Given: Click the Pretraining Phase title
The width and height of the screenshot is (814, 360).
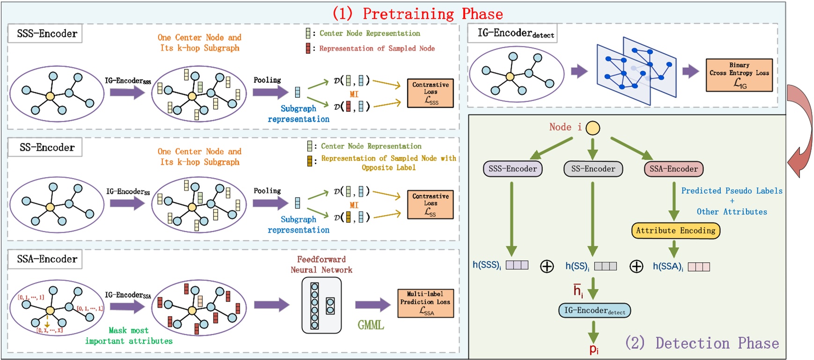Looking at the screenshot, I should click(x=418, y=13).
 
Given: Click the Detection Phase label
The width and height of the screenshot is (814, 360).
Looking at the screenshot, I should click(x=702, y=343).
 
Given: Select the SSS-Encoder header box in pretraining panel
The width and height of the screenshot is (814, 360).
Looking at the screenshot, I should click(x=45, y=34).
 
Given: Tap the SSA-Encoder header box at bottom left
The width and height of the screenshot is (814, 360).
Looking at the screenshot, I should click(x=45, y=259).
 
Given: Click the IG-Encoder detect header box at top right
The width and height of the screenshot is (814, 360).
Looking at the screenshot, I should click(x=513, y=34).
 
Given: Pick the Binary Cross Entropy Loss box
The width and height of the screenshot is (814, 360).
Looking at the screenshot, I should click(x=739, y=75).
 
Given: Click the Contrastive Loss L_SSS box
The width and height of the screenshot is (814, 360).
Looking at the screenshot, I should click(x=430, y=93).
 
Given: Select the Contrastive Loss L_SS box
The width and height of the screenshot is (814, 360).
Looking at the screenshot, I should click(x=430, y=204).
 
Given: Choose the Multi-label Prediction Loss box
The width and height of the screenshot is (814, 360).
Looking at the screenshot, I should click(x=425, y=303).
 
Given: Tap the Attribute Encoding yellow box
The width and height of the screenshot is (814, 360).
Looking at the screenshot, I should click(x=675, y=230).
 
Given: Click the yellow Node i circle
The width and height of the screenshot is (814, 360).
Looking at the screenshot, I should click(x=593, y=128).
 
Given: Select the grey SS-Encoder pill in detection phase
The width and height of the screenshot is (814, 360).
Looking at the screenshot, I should click(x=593, y=169).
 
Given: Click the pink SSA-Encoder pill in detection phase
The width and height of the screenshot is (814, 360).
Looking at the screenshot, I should click(x=674, y=169).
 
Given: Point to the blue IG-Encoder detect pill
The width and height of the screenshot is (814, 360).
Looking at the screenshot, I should click(x=594, y=310).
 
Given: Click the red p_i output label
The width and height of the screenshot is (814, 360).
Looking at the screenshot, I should click(x=594, y=349).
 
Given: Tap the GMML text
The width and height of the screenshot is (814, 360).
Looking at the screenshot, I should click(x=371, y=325).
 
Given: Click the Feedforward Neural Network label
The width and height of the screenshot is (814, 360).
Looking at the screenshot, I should click(x=321, y=264).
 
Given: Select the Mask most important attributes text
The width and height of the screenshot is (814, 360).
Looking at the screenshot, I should click(x=129, y=336).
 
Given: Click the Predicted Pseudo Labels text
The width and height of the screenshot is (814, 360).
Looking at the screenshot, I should click(x=732, y=191).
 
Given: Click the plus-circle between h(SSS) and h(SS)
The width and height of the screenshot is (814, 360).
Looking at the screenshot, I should click(x=547, y=266).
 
